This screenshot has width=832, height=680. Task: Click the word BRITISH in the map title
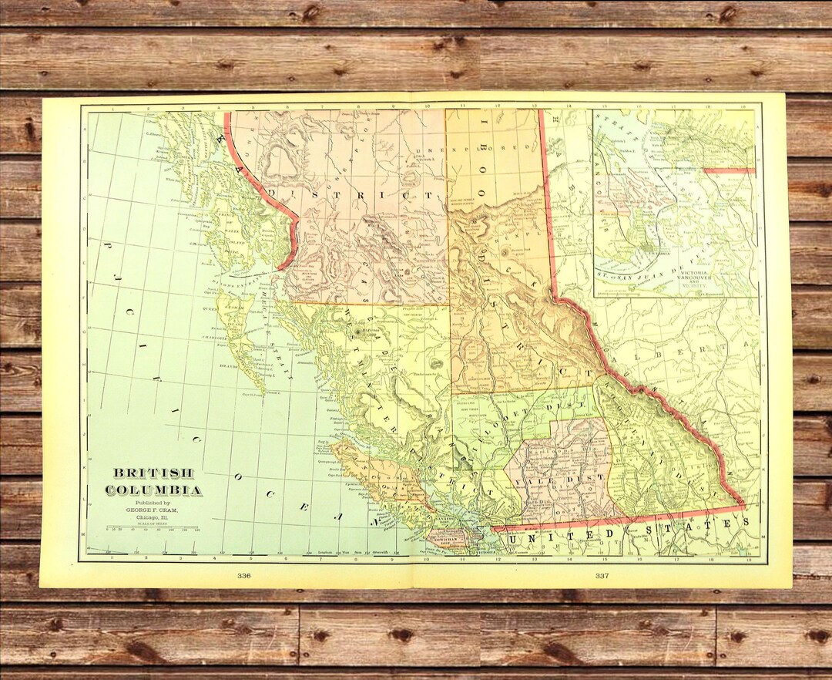pyautogui.click(x=154, y=473)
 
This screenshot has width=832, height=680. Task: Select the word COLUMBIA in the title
pyautogui.click(x=154, y=490)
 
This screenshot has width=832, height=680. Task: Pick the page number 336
pyautogui.click(x=244, y=576)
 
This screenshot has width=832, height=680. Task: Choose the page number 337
pyautogui.click(x=602, y=576)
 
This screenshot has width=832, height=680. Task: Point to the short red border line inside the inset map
pyautogui.click(x=728, y=170)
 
